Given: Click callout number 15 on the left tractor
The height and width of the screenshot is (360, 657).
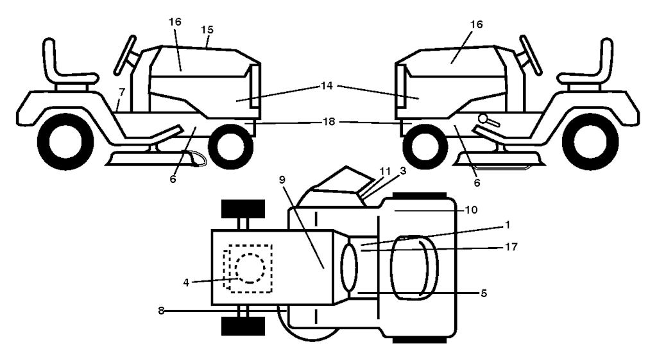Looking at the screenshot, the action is (x=207, y=30).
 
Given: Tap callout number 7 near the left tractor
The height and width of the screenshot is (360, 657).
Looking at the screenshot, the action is (x=121, y=91).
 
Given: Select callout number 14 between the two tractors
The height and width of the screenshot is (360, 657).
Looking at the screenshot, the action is (x=327, y=85).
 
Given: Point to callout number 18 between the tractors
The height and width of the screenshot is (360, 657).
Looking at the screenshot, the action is (x=329, y=121).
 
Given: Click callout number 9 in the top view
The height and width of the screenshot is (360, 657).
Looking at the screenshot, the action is (x=282, y=180).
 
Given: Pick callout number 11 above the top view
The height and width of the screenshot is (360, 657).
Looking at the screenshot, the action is (x=385, y=171).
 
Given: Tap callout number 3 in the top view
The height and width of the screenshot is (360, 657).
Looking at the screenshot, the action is (x=403, y=171).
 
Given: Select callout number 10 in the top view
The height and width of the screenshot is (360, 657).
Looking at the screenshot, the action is (x=472, y=209).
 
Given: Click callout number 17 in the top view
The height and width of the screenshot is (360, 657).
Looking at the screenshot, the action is (x=511, y=247).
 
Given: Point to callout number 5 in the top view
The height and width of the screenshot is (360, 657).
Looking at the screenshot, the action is (x=484, y=293).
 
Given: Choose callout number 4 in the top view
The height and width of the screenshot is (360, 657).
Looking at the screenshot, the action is (x=186, y=282).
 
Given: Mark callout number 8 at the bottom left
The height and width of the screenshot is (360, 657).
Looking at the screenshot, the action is (x=161, y=311).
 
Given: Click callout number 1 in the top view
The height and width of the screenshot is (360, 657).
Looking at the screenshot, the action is (x=508, y=225).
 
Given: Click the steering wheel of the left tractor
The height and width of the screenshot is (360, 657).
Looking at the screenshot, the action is (x=125, y=55).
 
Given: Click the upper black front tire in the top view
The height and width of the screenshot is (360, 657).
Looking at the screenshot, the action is (x=243, y=209).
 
